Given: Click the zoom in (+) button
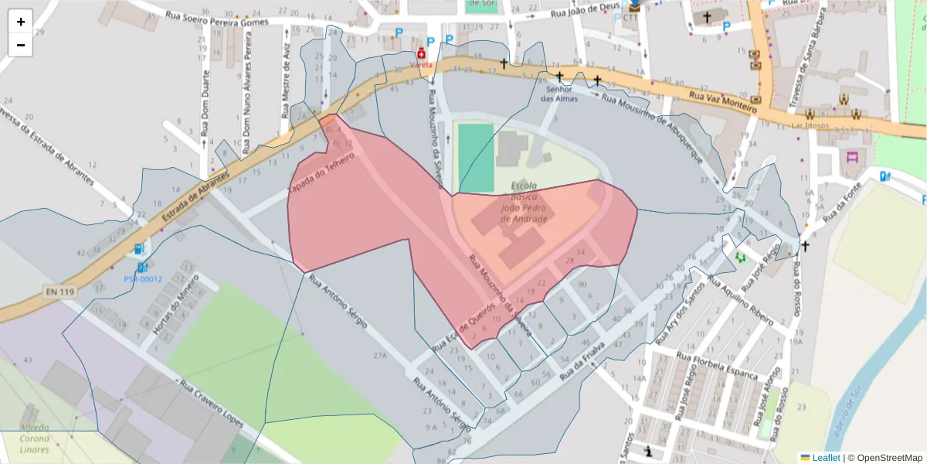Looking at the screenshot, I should (21, 22).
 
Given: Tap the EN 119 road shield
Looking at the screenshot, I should (59, 292).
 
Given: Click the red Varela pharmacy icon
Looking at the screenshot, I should (421, 53).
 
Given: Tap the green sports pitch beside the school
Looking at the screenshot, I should (474, 158).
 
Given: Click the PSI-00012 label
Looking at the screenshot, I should (143, 279).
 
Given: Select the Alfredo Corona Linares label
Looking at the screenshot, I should (34, 438).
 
